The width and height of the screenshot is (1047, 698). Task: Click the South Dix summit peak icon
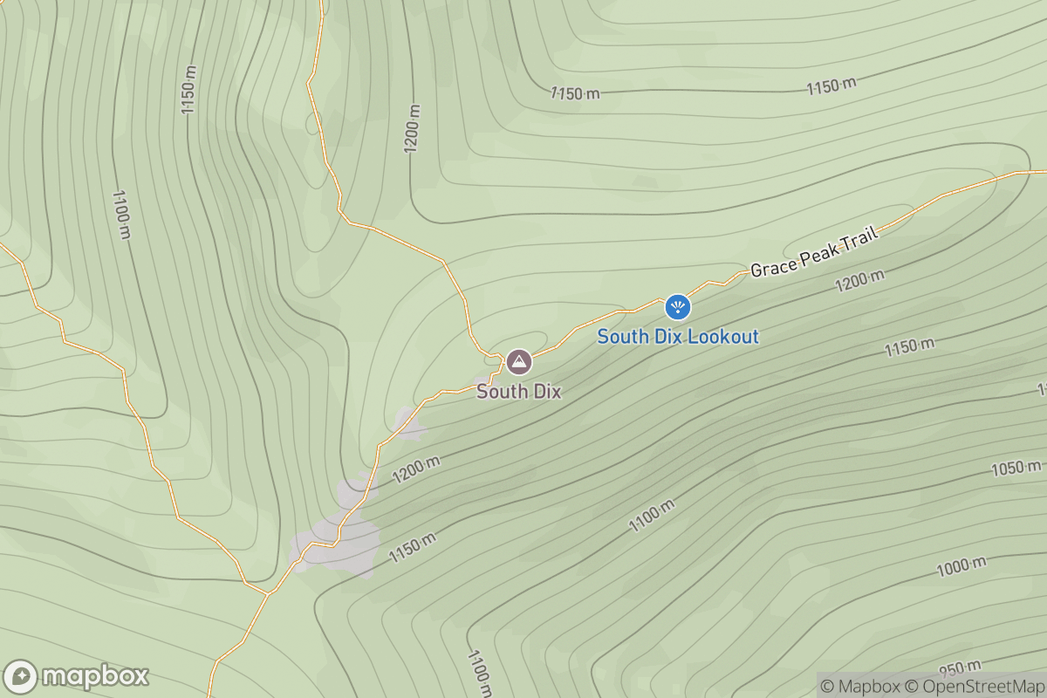point(518,360)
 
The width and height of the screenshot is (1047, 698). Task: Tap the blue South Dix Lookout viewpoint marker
point(678,306)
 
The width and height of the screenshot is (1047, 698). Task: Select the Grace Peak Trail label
point(812,250)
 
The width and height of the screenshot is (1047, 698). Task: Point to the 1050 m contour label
point(1017,469)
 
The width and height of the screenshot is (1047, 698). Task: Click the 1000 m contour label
point(961,567)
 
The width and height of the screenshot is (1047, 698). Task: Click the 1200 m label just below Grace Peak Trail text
point(859,281)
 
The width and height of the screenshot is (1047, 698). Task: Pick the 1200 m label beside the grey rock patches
point(415,470)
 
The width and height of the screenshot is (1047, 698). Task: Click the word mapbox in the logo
point(94,676)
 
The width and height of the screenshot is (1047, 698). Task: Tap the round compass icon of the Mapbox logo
point(21,677)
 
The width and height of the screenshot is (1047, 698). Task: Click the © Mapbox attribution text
point(860,686)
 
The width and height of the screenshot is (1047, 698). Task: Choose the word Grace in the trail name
point(770,265)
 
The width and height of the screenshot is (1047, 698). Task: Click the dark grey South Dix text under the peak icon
point(518,393)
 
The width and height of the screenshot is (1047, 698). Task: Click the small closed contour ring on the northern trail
point(313,122)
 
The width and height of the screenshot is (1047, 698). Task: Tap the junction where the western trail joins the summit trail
point(268,593)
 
